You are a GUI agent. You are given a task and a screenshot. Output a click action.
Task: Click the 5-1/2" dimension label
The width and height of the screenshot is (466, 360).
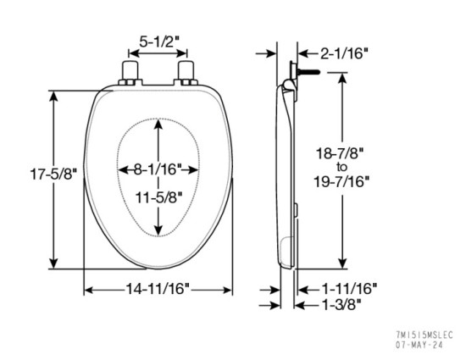coord(158,39)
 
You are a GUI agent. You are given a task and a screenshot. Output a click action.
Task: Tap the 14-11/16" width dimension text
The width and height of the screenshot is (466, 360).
coord(158,289)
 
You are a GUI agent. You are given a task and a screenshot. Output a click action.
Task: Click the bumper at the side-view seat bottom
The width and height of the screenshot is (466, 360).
coord(286,249)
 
